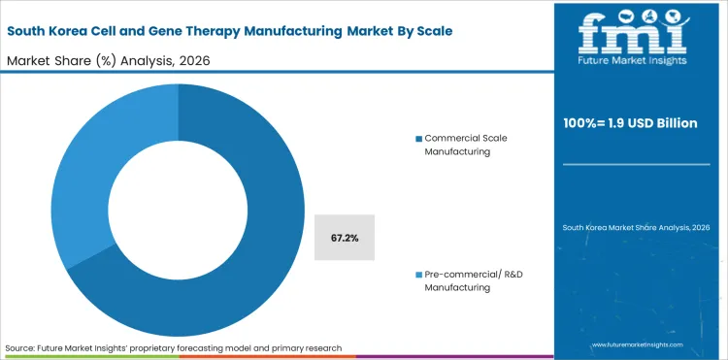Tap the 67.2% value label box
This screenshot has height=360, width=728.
coord(346,238)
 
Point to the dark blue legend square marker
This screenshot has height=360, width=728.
coord(418,139)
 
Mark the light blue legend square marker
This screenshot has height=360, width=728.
coord(418,277)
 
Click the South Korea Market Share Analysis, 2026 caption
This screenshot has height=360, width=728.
coord(637,227)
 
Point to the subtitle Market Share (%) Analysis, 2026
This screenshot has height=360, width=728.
coord(109,59)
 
